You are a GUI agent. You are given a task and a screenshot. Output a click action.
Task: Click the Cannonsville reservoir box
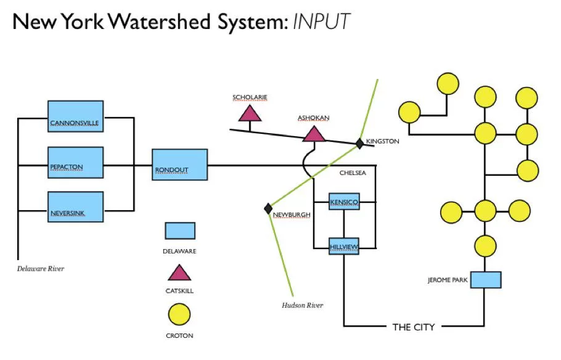coord(75,117)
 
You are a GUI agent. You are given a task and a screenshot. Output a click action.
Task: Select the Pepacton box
coord(75,163)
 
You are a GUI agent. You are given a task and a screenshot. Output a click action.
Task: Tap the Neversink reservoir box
coord(75,207)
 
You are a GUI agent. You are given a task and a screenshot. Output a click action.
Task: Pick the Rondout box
coord(179,165)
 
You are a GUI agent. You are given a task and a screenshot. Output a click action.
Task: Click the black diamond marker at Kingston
coord(359,143)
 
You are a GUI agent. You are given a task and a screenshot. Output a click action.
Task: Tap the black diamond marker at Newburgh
coord(268,208)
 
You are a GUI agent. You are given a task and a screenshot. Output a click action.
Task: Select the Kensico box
coord(344,202)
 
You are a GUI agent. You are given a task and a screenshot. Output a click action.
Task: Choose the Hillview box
coord(344,246)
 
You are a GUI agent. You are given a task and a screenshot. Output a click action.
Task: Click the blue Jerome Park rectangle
coord(485,280)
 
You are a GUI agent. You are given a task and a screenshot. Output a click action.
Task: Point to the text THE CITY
coord(414,327)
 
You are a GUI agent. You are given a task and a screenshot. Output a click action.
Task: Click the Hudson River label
coord(302,305)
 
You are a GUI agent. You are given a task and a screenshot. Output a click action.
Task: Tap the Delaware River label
coord(40,269)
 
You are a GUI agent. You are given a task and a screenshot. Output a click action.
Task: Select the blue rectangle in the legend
coord(179,231)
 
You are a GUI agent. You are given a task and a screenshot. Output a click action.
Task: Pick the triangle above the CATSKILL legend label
coord(179,273)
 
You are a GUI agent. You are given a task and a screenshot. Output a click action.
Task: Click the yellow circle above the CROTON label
coord(179,316)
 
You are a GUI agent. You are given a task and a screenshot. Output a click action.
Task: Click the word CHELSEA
coord(353,173)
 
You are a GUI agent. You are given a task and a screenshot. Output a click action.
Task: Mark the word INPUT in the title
coord(321,22)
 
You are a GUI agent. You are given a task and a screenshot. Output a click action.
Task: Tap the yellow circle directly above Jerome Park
coord(485,245)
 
